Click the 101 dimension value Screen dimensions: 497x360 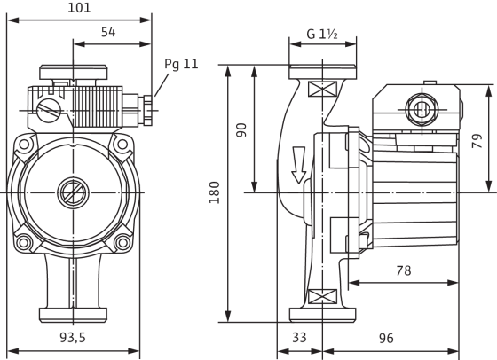pos(79,8)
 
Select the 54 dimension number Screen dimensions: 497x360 pos(108,32)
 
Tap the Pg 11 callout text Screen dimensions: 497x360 pos(181,64)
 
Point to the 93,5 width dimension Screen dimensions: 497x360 pos(73,338)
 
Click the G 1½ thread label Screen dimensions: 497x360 pos(321,34)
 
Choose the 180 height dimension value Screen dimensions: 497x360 pos(215,192)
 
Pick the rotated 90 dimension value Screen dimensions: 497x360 pos(241,129)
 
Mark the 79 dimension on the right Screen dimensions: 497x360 pos(477,141)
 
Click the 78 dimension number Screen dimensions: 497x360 pos(404,270)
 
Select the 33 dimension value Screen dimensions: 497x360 pos(299,338)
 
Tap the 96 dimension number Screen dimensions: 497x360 pos(386,338)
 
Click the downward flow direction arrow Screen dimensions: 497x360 pos(298,165)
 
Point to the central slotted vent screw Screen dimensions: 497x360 pos(73,192)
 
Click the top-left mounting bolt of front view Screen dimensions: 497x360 pos(24,145)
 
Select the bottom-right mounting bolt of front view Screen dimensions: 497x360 pos(122,243)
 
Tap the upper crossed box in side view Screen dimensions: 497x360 pos(322,89)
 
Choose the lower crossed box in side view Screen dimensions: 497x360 pos(322,296)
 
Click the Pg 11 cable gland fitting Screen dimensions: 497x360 pos(146,110)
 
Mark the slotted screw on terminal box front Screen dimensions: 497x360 pos(48,110)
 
